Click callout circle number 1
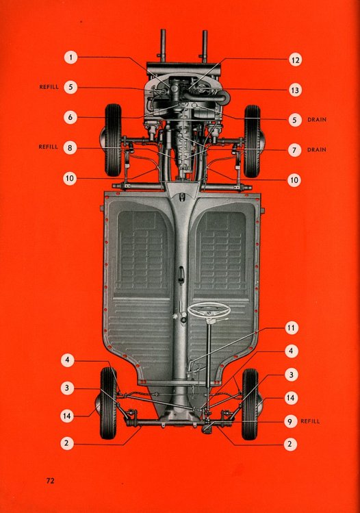(x=70, y=58)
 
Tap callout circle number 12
(x=295, y=60)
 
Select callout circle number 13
(x=295, y=90)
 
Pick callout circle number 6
(x=70, y=117)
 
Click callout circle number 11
(x=292, y=328)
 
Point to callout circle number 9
(x=290, y=421)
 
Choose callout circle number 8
(x=70, y=147)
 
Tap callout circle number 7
(x=294, y=150)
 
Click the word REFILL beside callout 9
(x=310, y=421)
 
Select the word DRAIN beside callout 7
(x=316, y=150)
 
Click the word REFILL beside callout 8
(x=49, y=147)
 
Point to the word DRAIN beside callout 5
(x=317, y=120)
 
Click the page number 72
(x=51, y=481)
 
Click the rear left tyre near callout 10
(x=113, y=140)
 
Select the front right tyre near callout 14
(x=250, y=404)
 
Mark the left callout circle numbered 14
(x=66, y=416)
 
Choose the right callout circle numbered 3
(x=291, y=375)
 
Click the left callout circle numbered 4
(x=67, y=360)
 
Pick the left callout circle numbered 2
(x=66, y=443)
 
